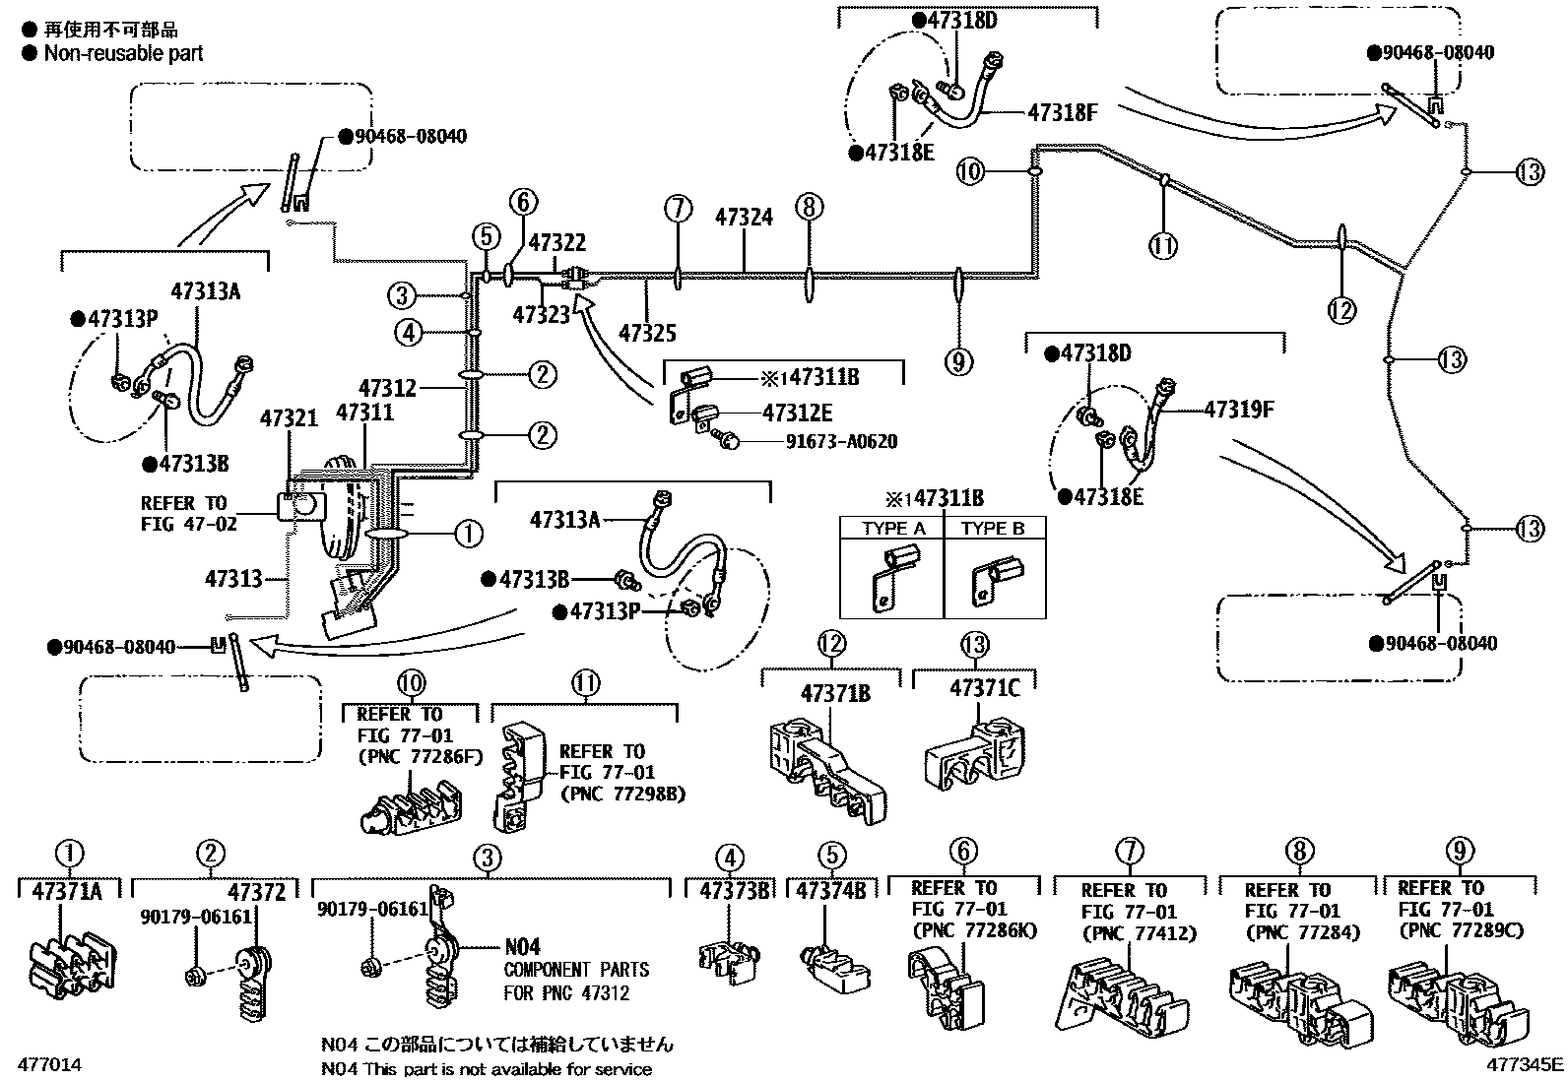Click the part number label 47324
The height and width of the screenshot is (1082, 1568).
744,217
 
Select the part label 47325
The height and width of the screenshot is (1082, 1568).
647,334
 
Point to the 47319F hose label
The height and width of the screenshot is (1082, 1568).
1239,409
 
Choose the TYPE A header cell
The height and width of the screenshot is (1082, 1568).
893,529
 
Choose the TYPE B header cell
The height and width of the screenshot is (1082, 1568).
993,529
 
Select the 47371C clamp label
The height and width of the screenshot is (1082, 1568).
985,688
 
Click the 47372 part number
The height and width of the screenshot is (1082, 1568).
256,892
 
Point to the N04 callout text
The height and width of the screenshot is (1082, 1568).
522,946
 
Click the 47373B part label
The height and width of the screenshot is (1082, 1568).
734,891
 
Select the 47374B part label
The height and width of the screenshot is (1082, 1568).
829,891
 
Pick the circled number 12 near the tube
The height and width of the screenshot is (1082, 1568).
1341,310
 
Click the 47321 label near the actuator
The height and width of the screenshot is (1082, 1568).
289,418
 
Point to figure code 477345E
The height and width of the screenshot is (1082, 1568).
1525,1063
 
